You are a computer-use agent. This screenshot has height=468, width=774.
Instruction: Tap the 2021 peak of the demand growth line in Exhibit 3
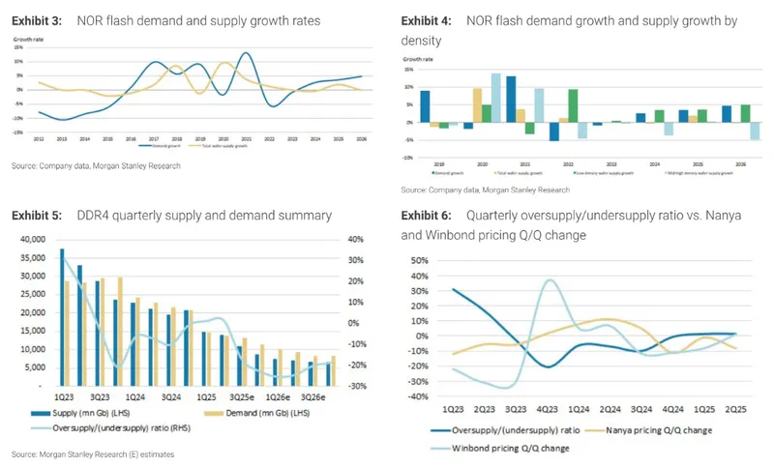[247, 54]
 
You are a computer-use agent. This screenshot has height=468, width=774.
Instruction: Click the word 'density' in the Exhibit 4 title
[423, 41]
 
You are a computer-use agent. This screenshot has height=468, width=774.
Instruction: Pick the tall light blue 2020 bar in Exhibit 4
[496, 97]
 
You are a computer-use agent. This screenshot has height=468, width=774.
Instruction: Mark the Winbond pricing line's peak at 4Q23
[550, 281]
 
